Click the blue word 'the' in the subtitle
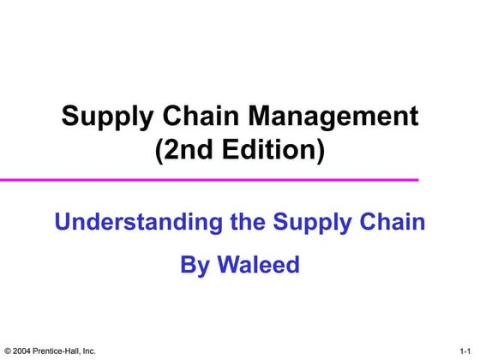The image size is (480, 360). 249,222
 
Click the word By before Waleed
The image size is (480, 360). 194,266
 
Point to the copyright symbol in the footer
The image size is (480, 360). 8,351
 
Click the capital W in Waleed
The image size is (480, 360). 225,265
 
